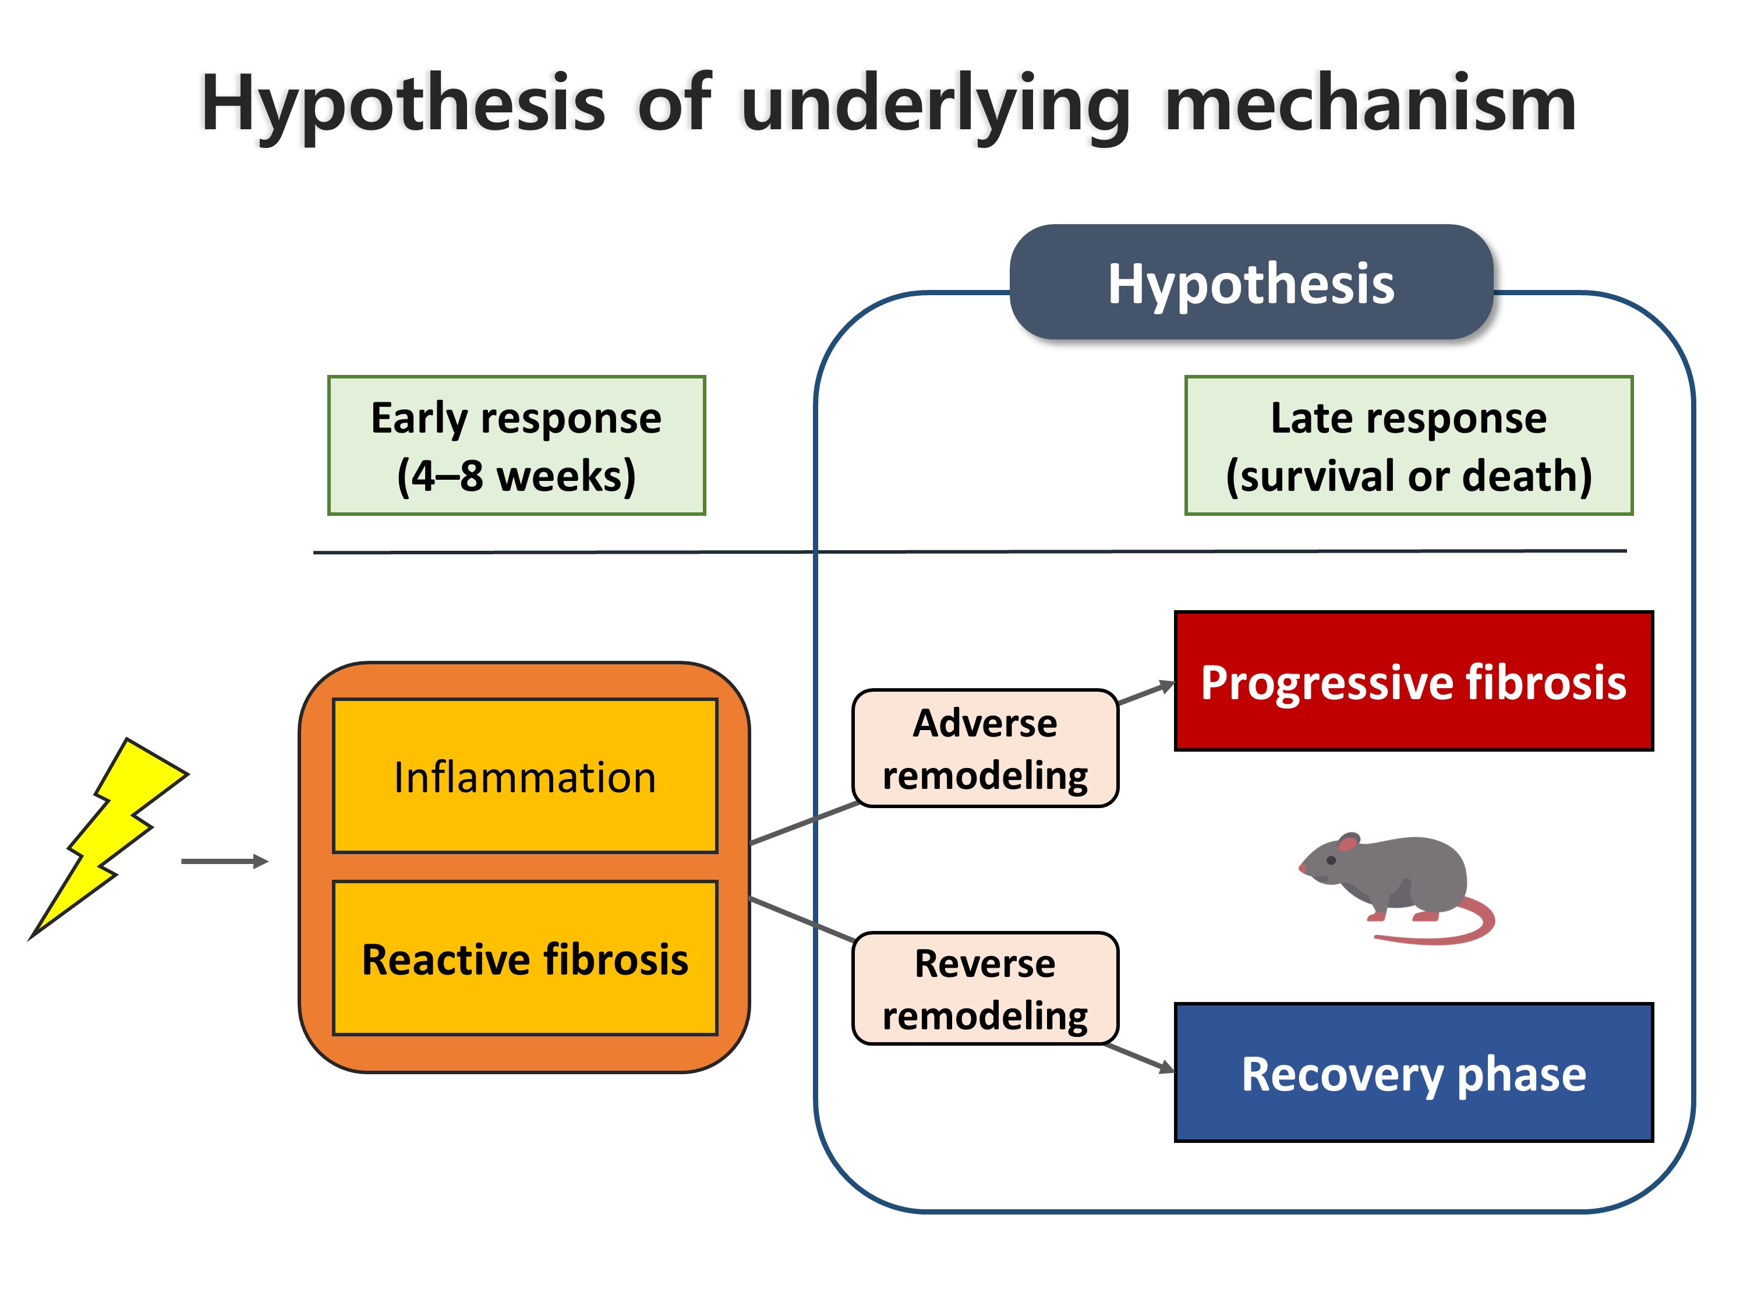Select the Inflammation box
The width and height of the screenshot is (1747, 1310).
tap(525, 776)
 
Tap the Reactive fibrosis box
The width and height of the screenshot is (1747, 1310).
tap(525, 958)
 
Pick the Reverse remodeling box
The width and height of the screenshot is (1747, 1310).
tap(986, 989)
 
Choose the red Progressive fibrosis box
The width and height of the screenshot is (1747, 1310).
tap(1414, 681)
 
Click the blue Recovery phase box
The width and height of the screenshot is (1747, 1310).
tap(1414, 1072)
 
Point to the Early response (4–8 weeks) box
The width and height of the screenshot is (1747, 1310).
tap(517, 446)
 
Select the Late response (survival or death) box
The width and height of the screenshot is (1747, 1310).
tap(1409, 446)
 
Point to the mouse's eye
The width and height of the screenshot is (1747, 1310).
tap(1332, 860)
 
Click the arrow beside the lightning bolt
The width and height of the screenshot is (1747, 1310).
tap(225, 862)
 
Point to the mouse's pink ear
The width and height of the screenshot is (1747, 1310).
tap(1348, 842)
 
